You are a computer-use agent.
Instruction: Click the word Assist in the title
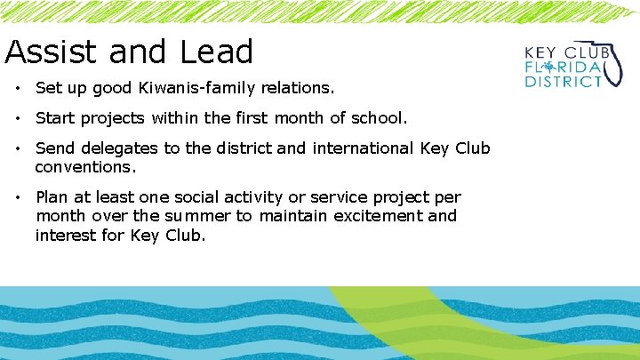coord(49,52)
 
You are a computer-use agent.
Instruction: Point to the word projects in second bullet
coord(112,118)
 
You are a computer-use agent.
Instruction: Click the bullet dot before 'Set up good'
coord(18,89)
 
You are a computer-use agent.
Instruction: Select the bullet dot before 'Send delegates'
coord(18,148)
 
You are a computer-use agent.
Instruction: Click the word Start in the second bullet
coord(55,118)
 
